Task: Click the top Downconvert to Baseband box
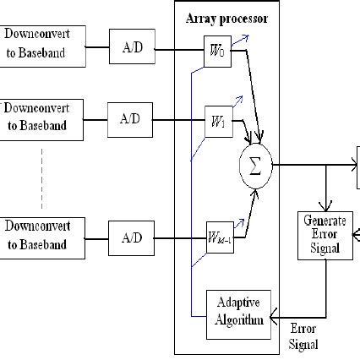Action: (x=43, y=47)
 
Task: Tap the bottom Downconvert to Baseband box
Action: (x=43, y=237)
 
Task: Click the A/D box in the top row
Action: (x=132, y=46)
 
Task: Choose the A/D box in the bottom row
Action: (x=132, y=237)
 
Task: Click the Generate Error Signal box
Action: (x=325, y=234)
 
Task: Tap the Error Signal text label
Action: (x=303, y=336)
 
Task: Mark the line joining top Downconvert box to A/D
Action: (x=98, y=47)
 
